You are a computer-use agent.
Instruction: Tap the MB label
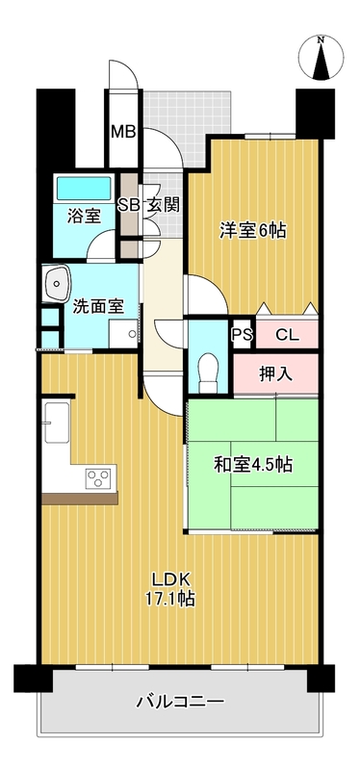click(122, 132)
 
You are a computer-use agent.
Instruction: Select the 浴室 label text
click(83, 216)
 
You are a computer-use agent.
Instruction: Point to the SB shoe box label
click(127, 204)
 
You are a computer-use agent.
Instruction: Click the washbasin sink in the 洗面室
click(57, 282)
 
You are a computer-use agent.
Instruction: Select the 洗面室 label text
click(98, 307)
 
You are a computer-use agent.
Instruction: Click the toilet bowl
click(204, 368)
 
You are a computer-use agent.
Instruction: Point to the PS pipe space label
click(241, 335)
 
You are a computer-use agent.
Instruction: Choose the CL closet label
click(287, 335)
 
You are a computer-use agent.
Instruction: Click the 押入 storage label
click(275, 372)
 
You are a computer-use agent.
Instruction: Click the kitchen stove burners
click(99, 477)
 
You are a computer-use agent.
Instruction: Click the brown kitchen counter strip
click(80, 498)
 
